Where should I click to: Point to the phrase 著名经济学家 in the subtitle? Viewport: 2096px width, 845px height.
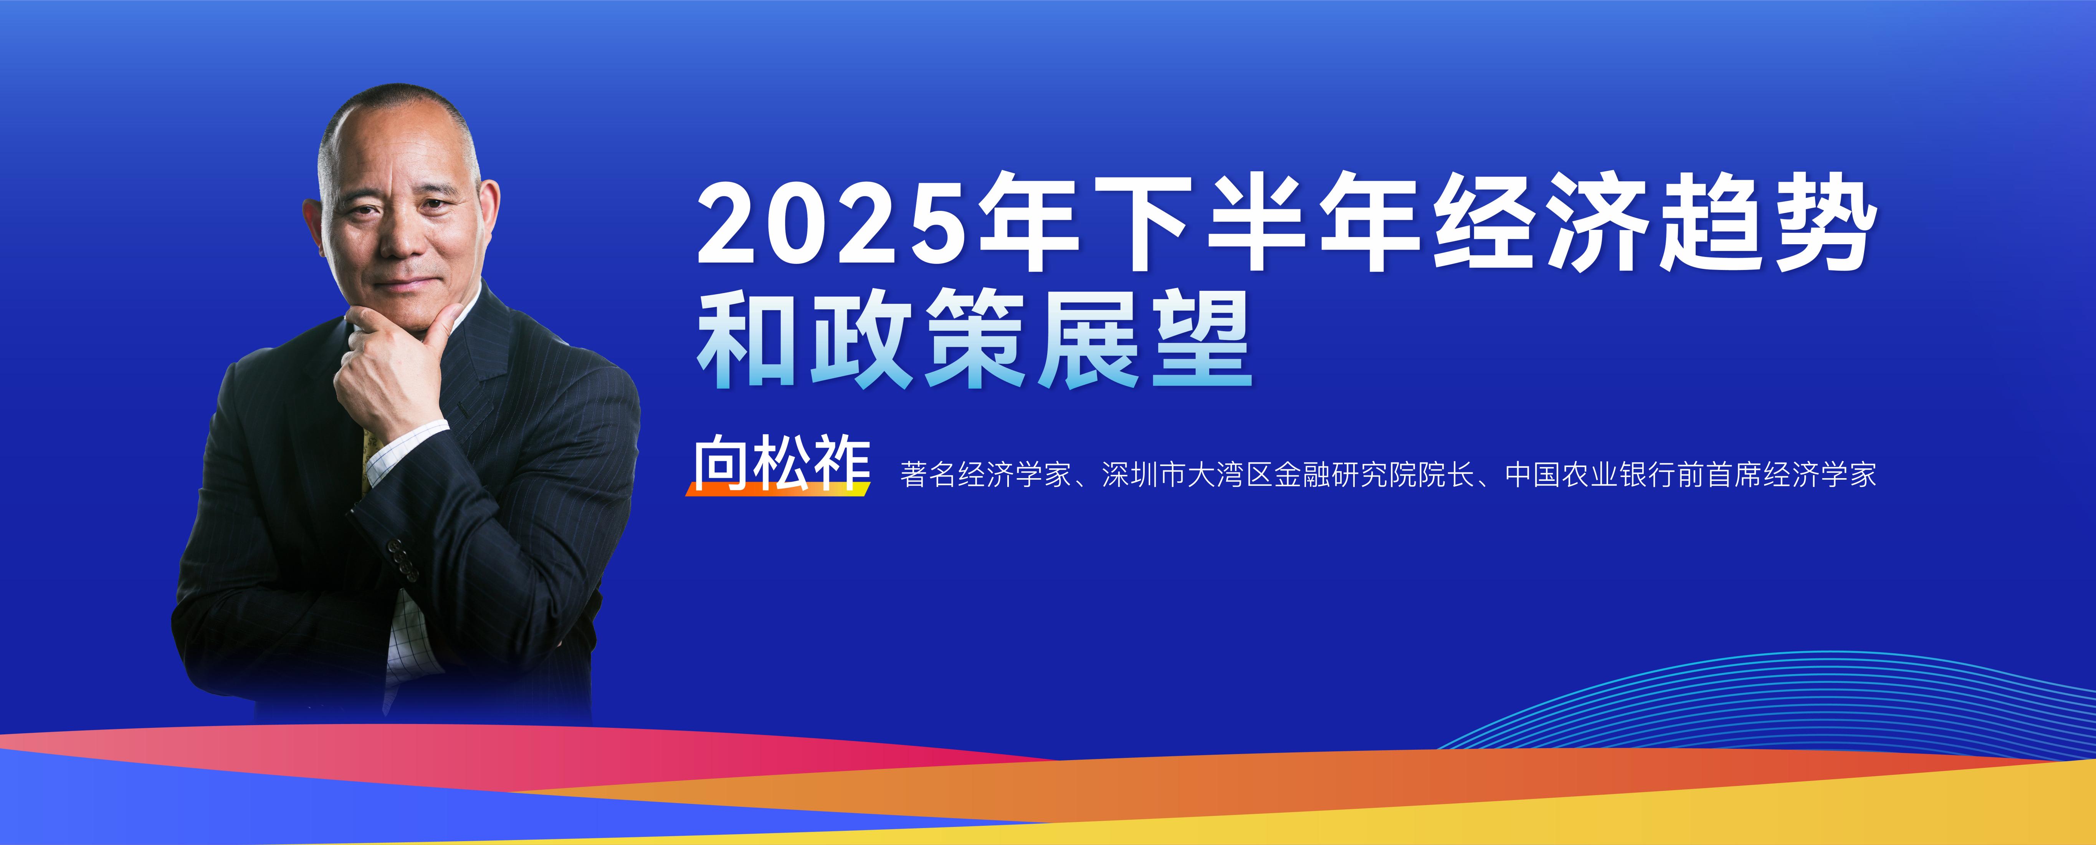pyautogui.click(x=985, y=475)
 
